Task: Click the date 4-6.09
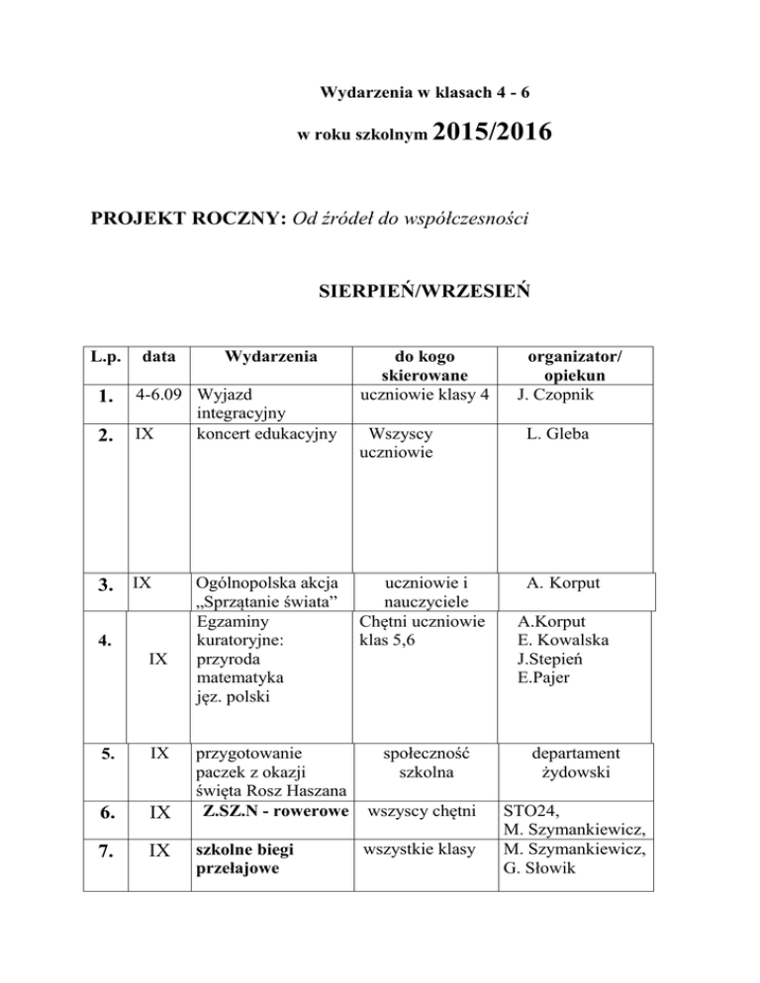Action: (159, 398)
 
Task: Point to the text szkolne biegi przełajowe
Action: (247, 860)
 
